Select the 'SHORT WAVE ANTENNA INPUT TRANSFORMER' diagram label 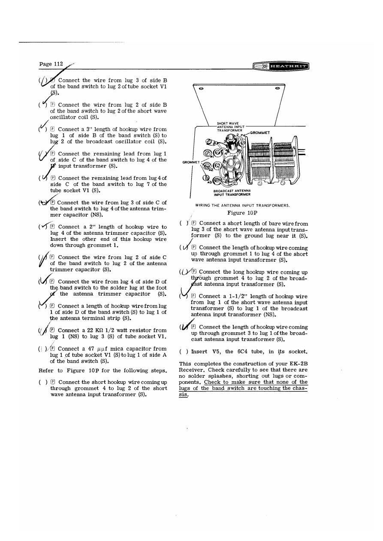231,127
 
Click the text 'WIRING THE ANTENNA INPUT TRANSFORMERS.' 242,205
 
